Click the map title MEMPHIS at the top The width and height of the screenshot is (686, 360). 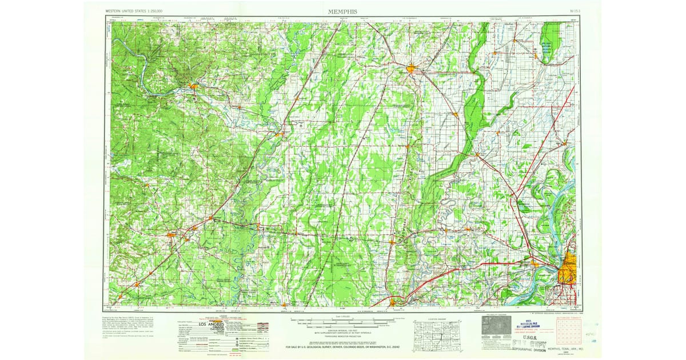click(x=343, y=11)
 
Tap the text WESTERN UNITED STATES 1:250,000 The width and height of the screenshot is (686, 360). click(x=134, y=11)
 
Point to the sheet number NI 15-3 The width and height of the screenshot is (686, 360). click(x=571, y=11)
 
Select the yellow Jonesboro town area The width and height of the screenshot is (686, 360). click(x=412, y=70)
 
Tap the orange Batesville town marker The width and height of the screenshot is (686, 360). click(x=193, y=86)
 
